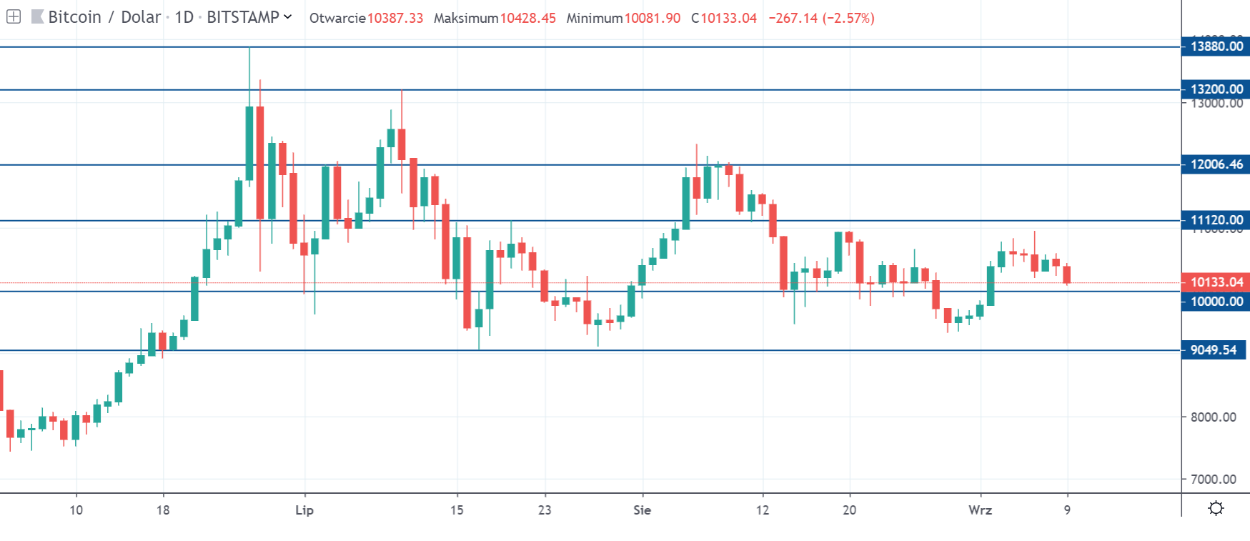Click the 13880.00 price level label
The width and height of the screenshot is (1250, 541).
tap(1216, 46)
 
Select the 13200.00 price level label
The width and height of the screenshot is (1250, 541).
tap(1216, 89)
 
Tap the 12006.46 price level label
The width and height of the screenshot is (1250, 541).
tap(1216, 164)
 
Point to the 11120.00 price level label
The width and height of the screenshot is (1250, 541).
tap(1216, 220)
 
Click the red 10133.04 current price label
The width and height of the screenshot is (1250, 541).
tap(1216, 282)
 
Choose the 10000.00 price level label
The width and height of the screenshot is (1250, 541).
tap(1216, 302)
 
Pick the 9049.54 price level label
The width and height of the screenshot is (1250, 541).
tap(1213, 350)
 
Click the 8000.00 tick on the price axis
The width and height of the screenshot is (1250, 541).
tap(1213, 417)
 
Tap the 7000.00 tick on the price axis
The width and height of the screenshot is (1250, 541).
tap(1213, 480)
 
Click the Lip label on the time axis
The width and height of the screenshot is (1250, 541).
tap(304, 510)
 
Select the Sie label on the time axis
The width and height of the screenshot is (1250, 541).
tap(642, 510)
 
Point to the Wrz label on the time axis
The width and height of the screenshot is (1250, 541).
tap(980, 510)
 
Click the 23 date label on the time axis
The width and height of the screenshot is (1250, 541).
tap(545, 510)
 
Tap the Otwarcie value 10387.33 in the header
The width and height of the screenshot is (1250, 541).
tap(395, 18)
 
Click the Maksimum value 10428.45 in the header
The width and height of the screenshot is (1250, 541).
tap(527, 18)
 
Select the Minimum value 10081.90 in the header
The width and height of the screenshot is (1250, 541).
tap(652, 18)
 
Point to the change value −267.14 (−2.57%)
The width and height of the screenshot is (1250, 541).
tap(821, 18)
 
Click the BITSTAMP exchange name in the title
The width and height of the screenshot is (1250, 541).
tap(242, 17)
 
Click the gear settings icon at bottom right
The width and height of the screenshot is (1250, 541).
tap(1216, 508)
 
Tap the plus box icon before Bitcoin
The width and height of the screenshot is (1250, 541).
tap(14, 16)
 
